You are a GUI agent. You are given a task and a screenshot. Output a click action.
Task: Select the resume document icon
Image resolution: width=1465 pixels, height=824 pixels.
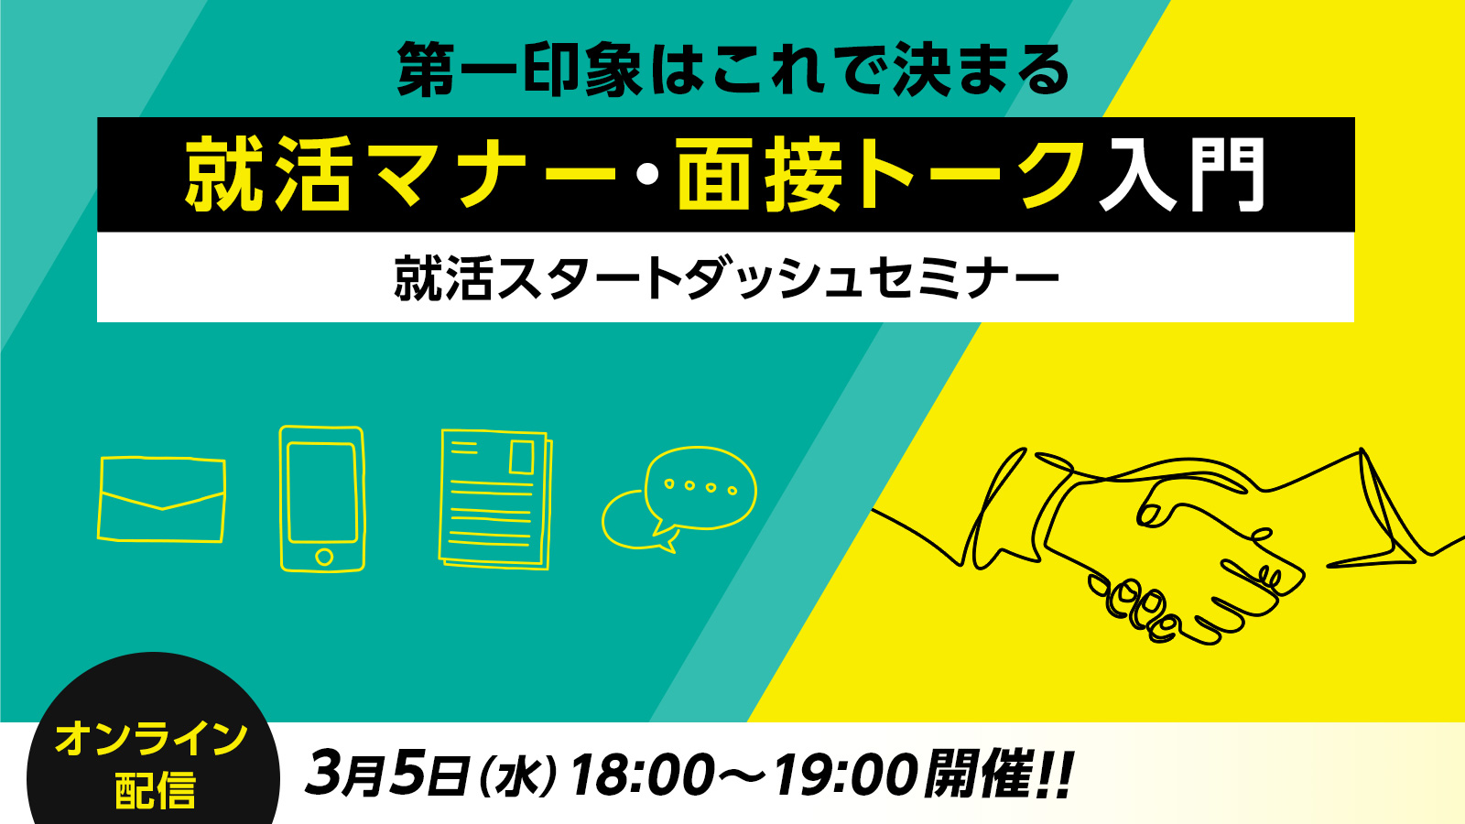(x=495, y=499)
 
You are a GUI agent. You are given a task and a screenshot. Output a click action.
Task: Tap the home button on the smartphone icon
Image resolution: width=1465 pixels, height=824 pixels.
(x=324, y=558)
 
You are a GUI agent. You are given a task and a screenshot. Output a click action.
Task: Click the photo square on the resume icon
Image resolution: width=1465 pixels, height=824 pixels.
(x=522, y=457)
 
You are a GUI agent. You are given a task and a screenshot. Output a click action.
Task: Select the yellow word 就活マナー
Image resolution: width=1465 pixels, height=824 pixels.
(x=400, y=175)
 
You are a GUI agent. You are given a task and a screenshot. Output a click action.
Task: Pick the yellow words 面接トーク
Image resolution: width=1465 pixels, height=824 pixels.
(x=879, y=175)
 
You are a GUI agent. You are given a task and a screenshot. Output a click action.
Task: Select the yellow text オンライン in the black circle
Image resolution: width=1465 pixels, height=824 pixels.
(x=152, y=740)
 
